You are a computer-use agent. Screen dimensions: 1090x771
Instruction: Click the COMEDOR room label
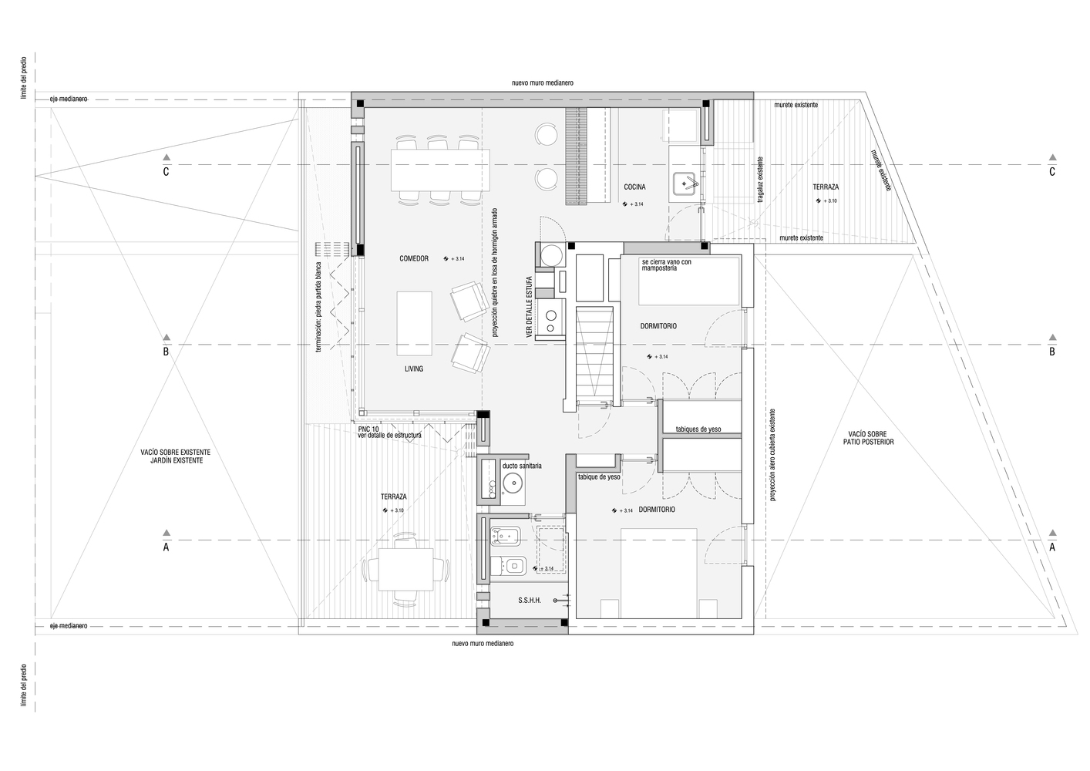coord(414,258)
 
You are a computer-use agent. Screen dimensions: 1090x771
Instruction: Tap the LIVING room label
coord(414,369)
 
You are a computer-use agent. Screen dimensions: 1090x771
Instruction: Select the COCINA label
coord(635,187)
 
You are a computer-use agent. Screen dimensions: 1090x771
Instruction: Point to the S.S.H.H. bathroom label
coord(530,601)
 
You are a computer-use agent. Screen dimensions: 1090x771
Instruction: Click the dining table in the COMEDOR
coord(440,170)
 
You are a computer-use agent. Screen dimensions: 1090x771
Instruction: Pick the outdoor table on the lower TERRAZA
coord(405,569)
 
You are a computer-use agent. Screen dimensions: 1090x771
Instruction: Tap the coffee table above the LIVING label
coord(414,324)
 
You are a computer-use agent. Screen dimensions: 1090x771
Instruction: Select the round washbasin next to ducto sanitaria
coord(512,484)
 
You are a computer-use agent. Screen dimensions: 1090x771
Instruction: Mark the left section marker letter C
coord(166,172)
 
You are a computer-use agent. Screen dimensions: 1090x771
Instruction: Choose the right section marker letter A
coord(1052,547)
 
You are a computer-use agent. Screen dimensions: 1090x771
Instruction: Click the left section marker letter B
coord(166,352)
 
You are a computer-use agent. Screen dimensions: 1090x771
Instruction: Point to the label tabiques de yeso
coord(698,429)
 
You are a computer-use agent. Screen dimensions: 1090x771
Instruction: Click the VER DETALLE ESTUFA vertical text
coord(529,307)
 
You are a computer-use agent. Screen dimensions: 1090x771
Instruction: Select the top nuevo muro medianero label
coord(543,82)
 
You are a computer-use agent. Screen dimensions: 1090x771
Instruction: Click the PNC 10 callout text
coord(368,429)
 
